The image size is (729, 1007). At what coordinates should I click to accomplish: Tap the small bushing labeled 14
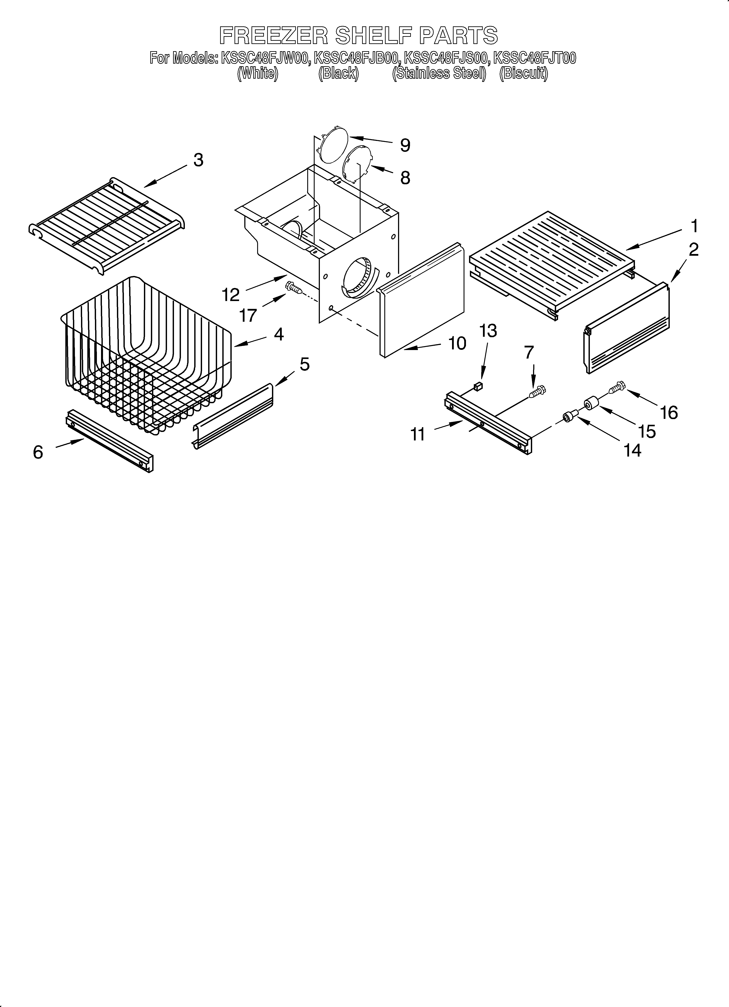[568, 417]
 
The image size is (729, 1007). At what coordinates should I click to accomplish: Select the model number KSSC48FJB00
[358, 58]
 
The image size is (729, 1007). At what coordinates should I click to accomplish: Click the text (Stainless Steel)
[439, 73]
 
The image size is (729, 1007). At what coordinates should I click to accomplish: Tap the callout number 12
[231, 294]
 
